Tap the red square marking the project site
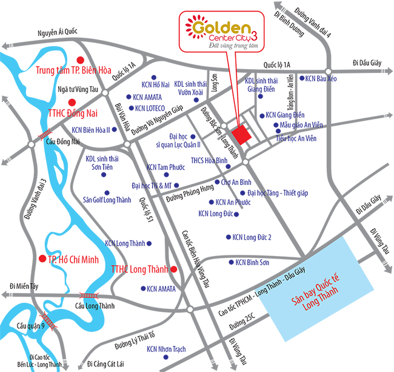[x=241, y=135]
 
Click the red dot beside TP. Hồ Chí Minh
[x=42, y=258]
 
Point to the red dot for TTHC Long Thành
[x=174, y=269]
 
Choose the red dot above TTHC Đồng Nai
[x=72, y=102]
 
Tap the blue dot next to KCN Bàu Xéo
[x=301, y=78]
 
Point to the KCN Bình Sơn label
[x=252, y=262]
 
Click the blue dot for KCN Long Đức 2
[x=228, y=237]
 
